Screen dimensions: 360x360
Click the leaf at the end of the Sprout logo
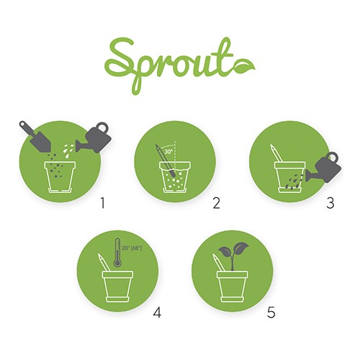pos(244,67)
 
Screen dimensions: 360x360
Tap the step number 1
pos(103,203)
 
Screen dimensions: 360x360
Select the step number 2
pos(216,203)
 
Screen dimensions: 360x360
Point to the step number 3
pos(330,203)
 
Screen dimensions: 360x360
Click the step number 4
pos(157,312)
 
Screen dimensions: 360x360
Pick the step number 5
pos(271,312)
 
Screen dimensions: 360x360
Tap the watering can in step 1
pos(94,138)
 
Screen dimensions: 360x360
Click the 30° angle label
pos(168,152)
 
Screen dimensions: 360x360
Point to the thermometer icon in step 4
pos(117,253)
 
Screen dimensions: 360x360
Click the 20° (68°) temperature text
pos(132,248)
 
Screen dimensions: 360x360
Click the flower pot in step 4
pos(117,287)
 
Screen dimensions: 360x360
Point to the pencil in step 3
pos(276,153)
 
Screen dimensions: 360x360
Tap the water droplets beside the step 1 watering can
pos(68,150)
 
